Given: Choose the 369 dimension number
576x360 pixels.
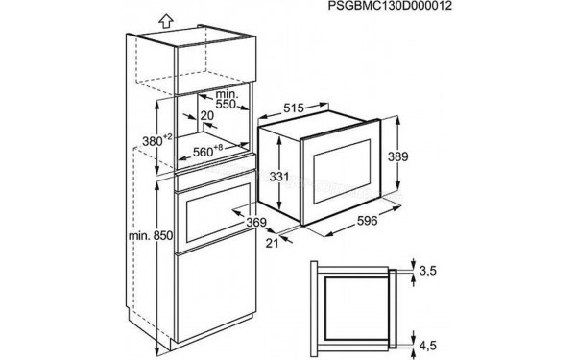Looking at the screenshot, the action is pos(255,223).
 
